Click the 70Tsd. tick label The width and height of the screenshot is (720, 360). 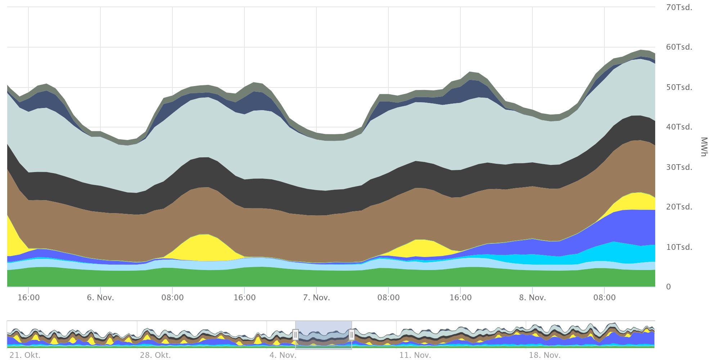[679, 8]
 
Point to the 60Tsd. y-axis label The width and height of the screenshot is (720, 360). [679, 47]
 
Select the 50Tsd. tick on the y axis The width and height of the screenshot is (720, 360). [679, 87]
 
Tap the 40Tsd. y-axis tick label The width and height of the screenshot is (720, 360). [679, 127]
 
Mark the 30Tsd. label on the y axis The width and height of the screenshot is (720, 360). [679, 167]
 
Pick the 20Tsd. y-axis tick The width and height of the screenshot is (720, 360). [679, 207]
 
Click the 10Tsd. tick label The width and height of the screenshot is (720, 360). [679, 247]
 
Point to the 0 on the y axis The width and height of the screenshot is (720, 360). [669, 287]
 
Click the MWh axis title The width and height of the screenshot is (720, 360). [704, 147]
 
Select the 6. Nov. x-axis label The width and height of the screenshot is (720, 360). [100, 298]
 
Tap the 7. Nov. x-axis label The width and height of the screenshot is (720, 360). [316, 298]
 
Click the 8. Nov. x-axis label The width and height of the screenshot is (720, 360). [532, 298]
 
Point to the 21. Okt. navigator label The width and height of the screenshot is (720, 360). [25, 355]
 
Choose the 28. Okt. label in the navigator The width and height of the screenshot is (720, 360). [155, 355]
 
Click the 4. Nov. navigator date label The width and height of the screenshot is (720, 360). [283, 355]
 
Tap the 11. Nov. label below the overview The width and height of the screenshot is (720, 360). [415, 355]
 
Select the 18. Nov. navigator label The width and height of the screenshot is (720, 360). [544, 355]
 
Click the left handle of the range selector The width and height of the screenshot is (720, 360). [296, 335]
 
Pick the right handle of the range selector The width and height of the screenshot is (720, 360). [352, 335]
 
